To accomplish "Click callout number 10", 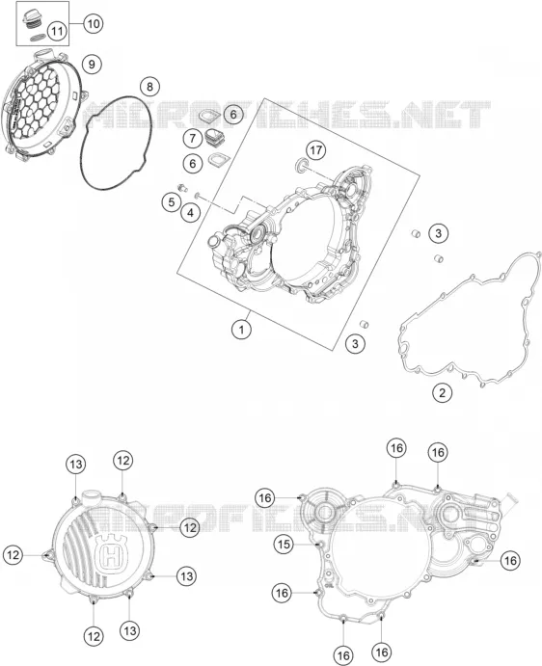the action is (94, 23).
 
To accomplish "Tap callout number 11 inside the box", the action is (58, 31).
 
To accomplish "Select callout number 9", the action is (92, 65).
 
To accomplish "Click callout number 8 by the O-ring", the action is (149, 87).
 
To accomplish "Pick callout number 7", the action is (193, 138).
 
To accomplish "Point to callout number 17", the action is (316, 150).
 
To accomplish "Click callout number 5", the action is (172, 201).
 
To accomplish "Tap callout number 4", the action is (190, 212).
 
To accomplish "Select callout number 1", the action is (241, 330).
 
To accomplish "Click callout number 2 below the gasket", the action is (442, 392).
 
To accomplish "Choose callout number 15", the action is (284, 545).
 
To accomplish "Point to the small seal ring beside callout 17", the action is (302, 165).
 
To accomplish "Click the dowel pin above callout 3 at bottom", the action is (365, 325).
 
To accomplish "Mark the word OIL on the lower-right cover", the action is (329, 584).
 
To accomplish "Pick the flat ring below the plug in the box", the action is (38, 38).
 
